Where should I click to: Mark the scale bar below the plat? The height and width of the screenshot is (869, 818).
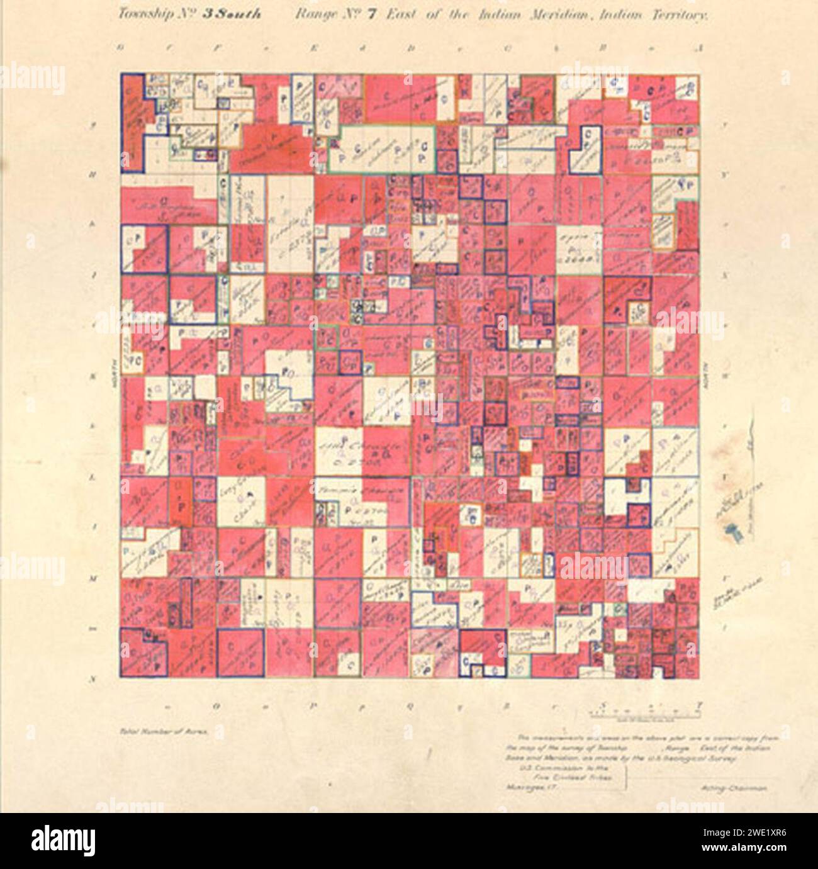click(646, 713)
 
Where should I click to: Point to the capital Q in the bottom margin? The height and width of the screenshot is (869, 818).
click(409, 705)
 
